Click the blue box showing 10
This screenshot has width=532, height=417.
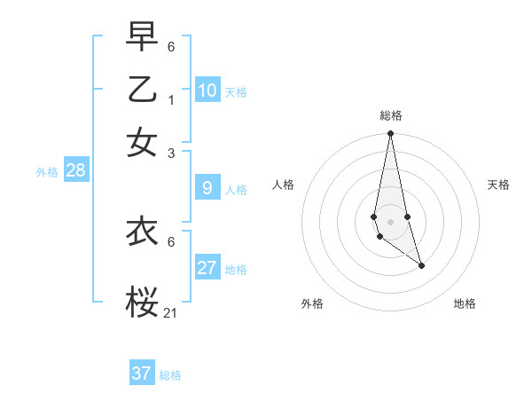point(207,90)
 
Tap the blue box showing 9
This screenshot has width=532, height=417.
point(207,188)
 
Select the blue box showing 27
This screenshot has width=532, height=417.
point(207,268)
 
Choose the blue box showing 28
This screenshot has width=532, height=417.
point(76,171)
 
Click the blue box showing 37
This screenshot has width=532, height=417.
point(142,374)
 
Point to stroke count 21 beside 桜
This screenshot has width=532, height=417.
point(171,312)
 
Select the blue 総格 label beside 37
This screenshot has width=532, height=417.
point(170,375)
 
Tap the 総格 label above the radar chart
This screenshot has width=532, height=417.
point(391,115)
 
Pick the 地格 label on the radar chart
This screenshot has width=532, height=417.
point(465,303)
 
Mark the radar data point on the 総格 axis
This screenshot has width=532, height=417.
point(390,134)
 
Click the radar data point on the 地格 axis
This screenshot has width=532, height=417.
point(421,265)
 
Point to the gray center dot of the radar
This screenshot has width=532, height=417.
point(390,221)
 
